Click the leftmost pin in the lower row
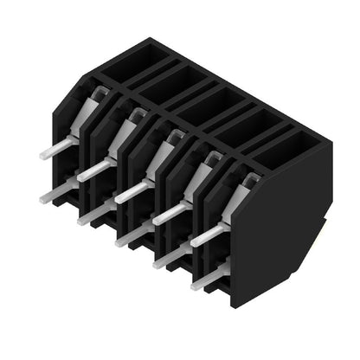tap(54, 193)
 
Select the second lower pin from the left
tap(93, 213)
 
